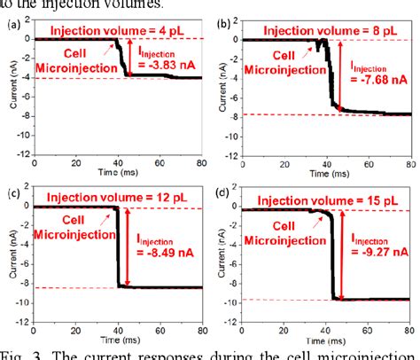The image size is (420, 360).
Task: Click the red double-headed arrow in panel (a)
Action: click(130, 58)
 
